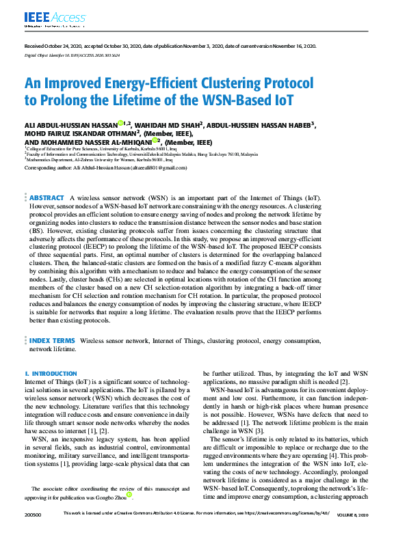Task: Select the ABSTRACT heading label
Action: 47,178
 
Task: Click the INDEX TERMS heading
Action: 52,340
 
